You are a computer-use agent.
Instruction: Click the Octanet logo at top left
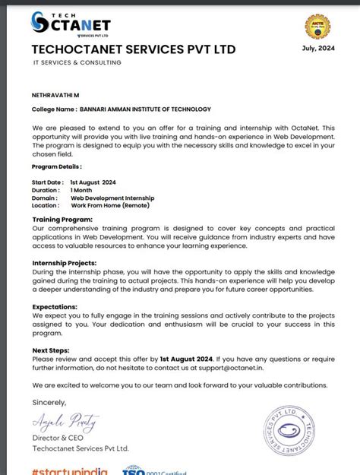(71, 24)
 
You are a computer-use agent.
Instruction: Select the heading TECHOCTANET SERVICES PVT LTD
(134, 49)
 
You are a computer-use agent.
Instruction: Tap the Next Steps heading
(51, 351)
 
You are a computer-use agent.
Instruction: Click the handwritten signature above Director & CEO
(57, 421)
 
